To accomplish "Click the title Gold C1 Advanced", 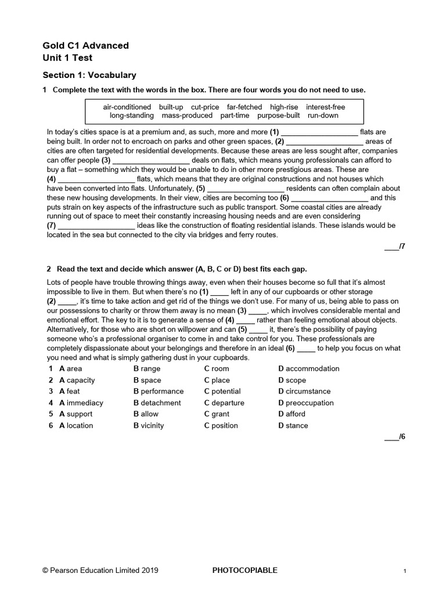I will (x=86, y=45).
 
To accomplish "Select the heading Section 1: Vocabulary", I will (x=89, y=75).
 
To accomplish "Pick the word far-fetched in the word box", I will (x=244, y=107).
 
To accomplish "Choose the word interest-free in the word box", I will (x=325, y=107).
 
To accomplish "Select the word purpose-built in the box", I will (x=279, y=116).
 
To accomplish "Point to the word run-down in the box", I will (x=323, y=116).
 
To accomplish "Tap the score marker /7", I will (x=394, y=247).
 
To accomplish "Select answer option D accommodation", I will (x=309, y=368).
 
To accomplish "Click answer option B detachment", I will (x=157, y=403).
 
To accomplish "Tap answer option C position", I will (x=221, y=425).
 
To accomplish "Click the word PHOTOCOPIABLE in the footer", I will (x=245, y=571).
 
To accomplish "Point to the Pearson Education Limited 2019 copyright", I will (x=100, y=571).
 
